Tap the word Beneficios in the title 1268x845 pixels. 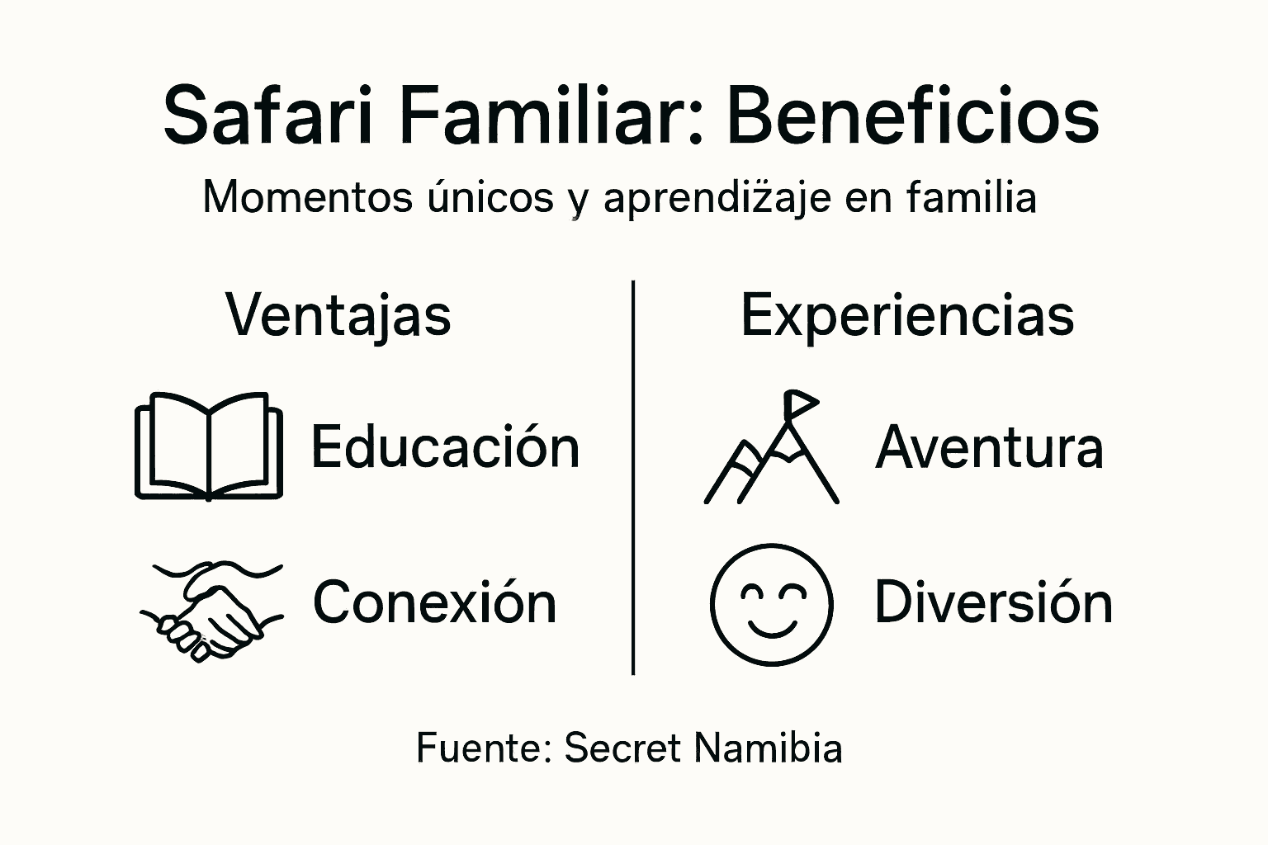click(x=912, y=116)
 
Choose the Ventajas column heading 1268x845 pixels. click(x=338, y=315)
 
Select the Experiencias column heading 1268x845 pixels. click(x=907, y=315)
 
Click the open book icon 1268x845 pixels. click(x=209, y=446)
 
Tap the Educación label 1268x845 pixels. click(x=445, y=447)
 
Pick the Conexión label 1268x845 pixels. click(x=434, y=602)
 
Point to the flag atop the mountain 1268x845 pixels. click(x=800, y=403)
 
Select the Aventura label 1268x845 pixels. click(x=989, y=447)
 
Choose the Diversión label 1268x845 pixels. click(x=993, y=602)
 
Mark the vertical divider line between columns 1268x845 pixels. click(x=633, y=479)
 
